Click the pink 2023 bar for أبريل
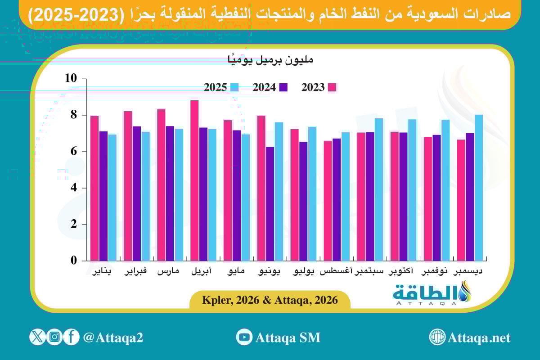tap(194, 180)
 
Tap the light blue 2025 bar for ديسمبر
tap(479, 187)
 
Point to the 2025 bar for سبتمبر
tap(379, 189)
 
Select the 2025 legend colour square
tap(234, 87)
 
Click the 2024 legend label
tap(264, 88)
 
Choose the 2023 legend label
tap(313, 88)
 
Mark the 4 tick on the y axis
tap(73, 188)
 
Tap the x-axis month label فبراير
tap(136, 272)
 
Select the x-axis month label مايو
tap(236, 272)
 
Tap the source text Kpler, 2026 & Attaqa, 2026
tap(270, 300)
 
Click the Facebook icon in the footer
tap(71, 337)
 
